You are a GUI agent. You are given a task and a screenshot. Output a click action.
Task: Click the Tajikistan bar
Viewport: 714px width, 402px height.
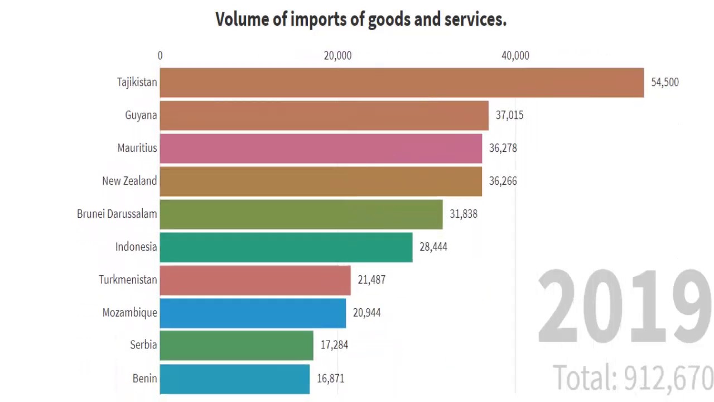402,83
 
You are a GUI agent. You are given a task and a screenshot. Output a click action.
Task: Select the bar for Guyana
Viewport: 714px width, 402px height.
324,116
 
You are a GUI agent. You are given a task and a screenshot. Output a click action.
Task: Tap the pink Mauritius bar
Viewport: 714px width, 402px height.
321,148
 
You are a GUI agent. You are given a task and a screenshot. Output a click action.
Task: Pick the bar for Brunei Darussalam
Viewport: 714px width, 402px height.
301,214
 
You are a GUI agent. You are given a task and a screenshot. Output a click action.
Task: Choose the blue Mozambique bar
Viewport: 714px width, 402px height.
253,313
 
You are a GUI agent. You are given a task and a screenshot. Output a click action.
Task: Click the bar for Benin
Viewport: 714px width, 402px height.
235,379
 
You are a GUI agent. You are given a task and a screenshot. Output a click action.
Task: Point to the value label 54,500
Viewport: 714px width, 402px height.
665,83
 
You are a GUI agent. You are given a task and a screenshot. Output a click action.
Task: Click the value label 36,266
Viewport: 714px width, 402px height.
503,181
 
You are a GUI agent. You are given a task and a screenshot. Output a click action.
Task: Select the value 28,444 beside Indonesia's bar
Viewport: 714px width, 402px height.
433,247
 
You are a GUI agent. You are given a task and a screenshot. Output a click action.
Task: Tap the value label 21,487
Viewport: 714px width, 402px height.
372,280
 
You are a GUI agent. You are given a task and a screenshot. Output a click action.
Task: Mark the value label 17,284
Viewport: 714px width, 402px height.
334,345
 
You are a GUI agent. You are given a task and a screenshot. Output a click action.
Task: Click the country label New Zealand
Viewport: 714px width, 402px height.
129,181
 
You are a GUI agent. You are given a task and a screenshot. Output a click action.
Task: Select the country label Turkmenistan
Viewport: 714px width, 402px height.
128,280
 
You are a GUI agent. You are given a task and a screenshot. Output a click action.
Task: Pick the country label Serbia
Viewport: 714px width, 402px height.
143,345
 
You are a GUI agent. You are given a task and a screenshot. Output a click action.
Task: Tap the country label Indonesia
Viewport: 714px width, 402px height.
136,247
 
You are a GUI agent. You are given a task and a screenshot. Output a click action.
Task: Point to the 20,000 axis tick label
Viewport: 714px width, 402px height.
337,56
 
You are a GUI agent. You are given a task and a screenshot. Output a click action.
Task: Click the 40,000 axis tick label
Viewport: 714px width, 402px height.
515,56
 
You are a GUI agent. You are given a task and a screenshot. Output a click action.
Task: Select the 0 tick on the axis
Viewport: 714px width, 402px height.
160,56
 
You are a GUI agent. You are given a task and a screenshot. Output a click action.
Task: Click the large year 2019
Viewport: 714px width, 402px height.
625,307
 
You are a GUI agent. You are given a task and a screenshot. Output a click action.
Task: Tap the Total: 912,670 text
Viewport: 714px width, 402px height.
633,378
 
